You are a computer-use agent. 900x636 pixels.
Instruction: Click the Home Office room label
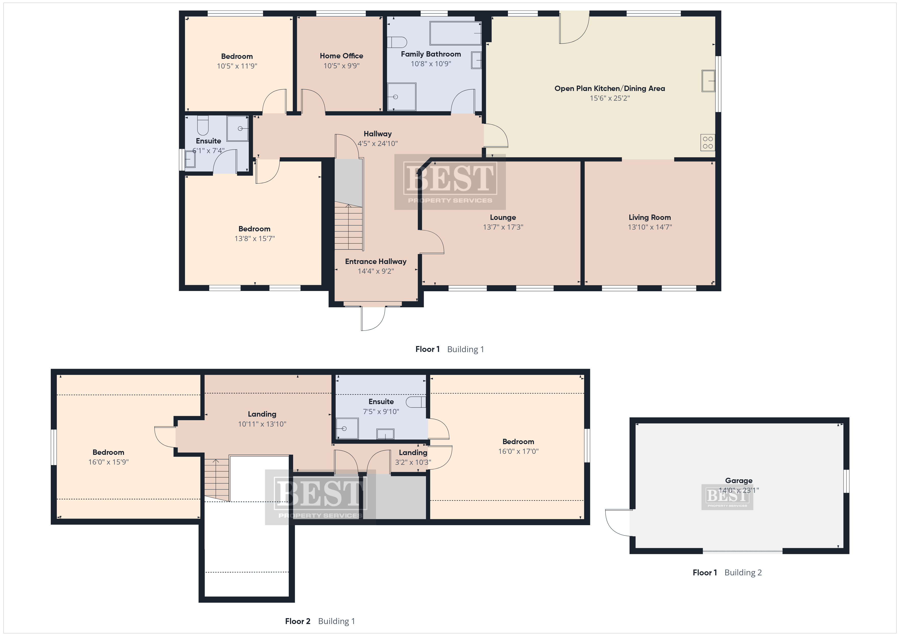click(341, 56)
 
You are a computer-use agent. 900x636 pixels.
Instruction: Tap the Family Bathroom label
click(431, 54)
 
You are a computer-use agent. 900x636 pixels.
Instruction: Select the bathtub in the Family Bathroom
click(456, 33)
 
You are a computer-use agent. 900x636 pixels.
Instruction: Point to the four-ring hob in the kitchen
click(708, 142)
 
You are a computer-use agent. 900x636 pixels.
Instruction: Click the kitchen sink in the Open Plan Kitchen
click(708, 81)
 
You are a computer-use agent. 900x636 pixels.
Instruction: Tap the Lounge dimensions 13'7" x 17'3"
click(503, 227)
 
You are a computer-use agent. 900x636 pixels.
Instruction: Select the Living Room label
click(649, 217)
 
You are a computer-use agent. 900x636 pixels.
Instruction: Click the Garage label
click(739, 481)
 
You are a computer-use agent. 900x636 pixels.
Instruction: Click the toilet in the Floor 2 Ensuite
click(416, 402)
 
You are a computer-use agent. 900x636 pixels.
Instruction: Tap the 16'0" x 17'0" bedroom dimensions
click(518, 452)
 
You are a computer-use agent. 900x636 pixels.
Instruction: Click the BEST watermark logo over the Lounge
click(450, 182)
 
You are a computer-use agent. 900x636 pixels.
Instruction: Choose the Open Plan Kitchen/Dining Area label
click(609, 88)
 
